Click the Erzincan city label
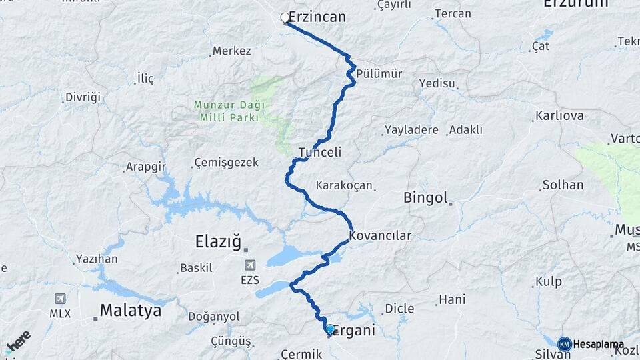[317, 17]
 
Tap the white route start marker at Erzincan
[285, 18]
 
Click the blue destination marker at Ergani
[330, 329]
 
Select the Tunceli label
[320, 152]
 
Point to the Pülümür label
[379, 73]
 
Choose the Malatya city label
[131, 310]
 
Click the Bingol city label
[425, 197]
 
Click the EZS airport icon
[250, 265]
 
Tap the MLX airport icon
[61, 299]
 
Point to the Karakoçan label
[344, 185]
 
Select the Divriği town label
[83, 97]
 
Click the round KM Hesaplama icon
[565, 343]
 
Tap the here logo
[18, 341]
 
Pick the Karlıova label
[559, 116]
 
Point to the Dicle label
[399, 309]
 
